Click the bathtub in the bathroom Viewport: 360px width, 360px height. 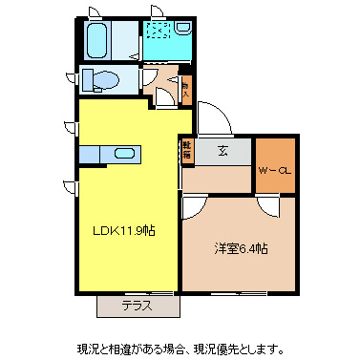click(96, 40)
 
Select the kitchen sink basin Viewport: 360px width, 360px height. click(125, 153)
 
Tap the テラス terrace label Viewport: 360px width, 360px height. click(138, 307)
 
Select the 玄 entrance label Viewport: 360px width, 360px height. click(222, 151)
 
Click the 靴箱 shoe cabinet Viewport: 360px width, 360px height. click(186, 149)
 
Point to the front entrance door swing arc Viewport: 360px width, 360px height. click(215, 119)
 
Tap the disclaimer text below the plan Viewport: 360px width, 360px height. click(180, 343)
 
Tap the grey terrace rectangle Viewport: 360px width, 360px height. click(138, 307)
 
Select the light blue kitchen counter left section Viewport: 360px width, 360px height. click(91, 153)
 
